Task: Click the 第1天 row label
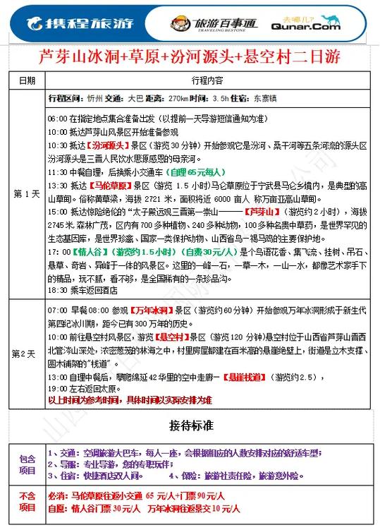pos(25,193)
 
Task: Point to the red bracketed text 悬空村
pos(168,338)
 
